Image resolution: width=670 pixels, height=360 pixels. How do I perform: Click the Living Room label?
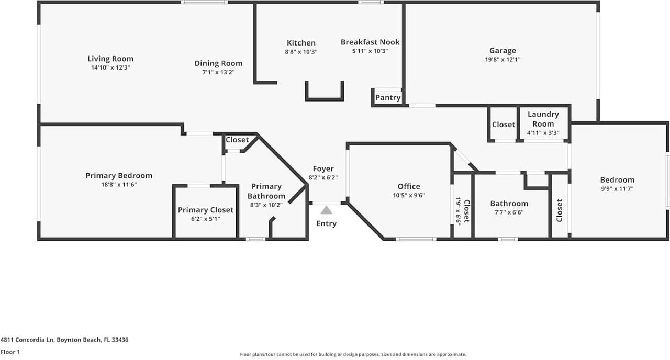(x=110, y=59)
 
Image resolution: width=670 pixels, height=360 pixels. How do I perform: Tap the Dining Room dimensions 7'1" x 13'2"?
(x=218, y=72)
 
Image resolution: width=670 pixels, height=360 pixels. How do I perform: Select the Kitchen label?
(x=301, y=43)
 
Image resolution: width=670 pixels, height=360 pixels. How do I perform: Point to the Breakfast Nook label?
(x=370, y=42)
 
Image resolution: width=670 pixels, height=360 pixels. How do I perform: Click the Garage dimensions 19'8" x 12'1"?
(x=502, y=60)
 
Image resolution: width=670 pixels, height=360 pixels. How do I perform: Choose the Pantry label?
(x=388, y=97)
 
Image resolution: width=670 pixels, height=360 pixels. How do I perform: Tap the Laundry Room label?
(x=543, y=119)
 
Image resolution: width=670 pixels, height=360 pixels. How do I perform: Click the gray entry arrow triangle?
(x=326, y=210)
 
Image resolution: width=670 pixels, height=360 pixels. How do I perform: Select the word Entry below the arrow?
(x=326, y=223)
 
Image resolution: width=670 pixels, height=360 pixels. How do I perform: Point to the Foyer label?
(x=323, y=168)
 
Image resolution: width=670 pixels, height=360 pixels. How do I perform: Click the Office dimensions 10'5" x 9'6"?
(x=408, y=195)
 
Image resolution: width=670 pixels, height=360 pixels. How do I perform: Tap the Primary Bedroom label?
(x=119, y=175)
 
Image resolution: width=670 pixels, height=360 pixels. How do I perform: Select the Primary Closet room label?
(x=206, y=210)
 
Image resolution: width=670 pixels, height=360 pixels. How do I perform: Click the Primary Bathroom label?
(x=266, y=191)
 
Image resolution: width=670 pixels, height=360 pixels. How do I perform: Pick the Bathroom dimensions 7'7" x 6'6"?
(x=509, y=212)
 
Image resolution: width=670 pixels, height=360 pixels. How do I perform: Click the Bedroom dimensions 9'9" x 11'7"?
(x=617, y=189)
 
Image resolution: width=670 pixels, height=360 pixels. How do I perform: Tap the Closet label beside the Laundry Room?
(x=504, y=125)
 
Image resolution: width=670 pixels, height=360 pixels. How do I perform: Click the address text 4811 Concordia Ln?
(x=27, y=340)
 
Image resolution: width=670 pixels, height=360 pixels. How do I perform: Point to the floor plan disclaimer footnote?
(x=353, y=354)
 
